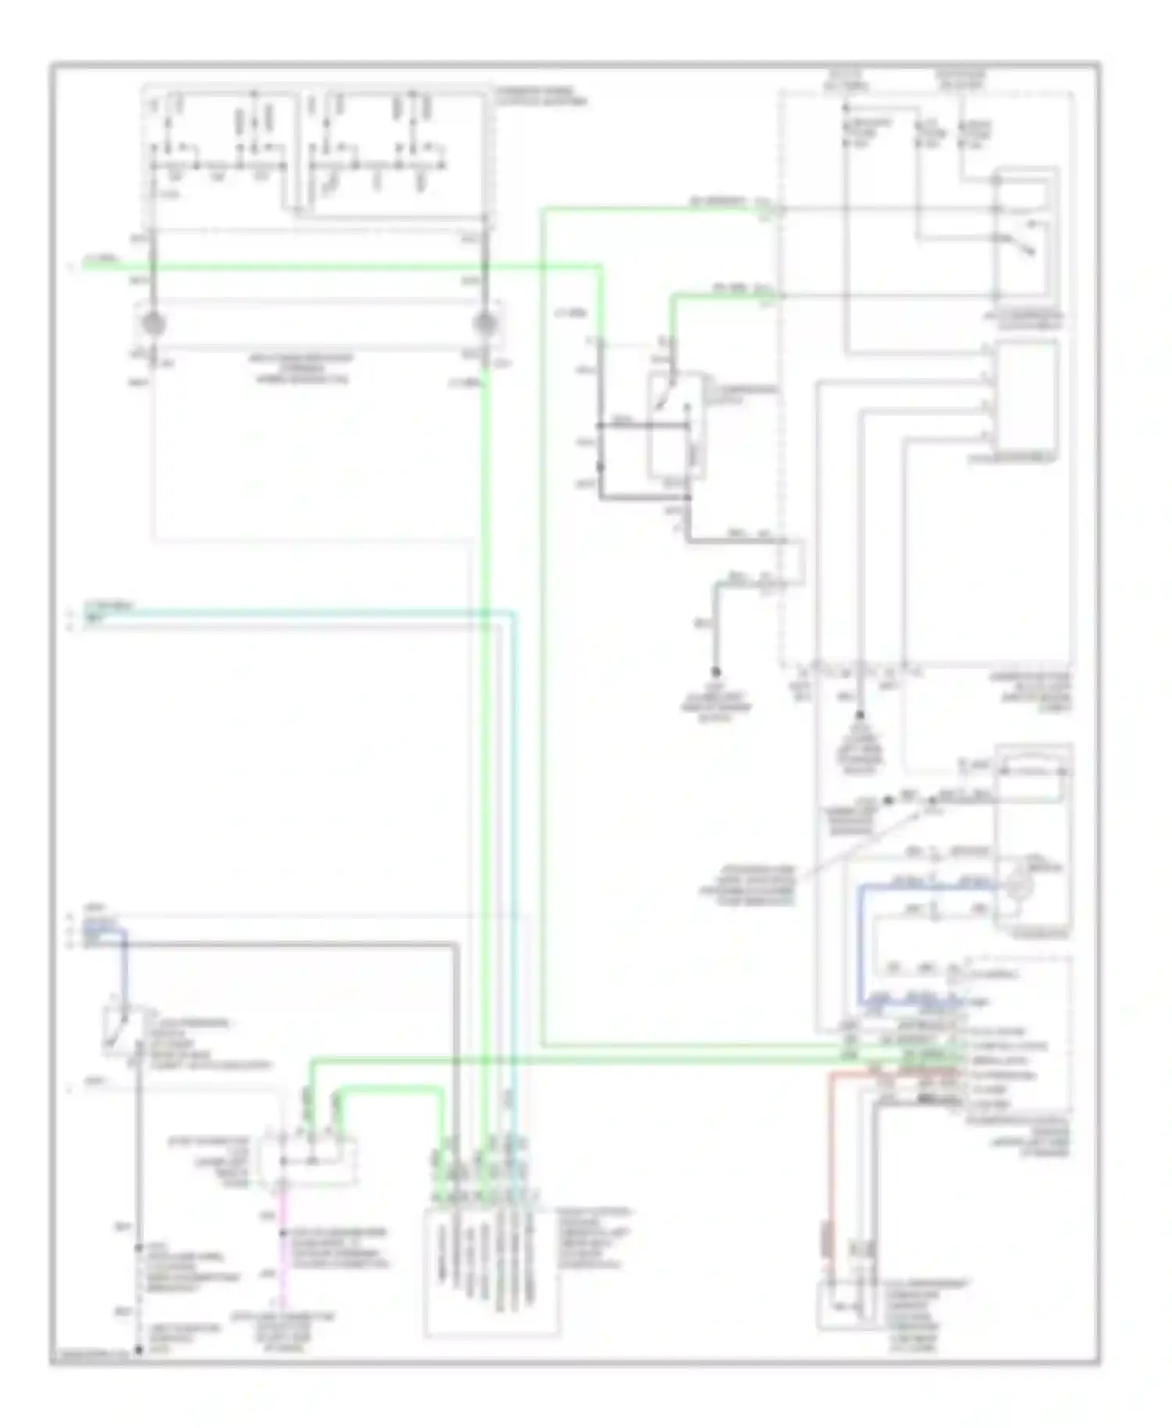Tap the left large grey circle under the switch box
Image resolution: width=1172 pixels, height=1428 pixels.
(153, 323)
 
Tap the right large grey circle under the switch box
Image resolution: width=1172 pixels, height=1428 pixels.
(485, 323)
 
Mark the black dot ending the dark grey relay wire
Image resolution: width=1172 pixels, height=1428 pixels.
(715, 671)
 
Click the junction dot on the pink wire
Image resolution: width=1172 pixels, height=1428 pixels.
(284, 1233)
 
